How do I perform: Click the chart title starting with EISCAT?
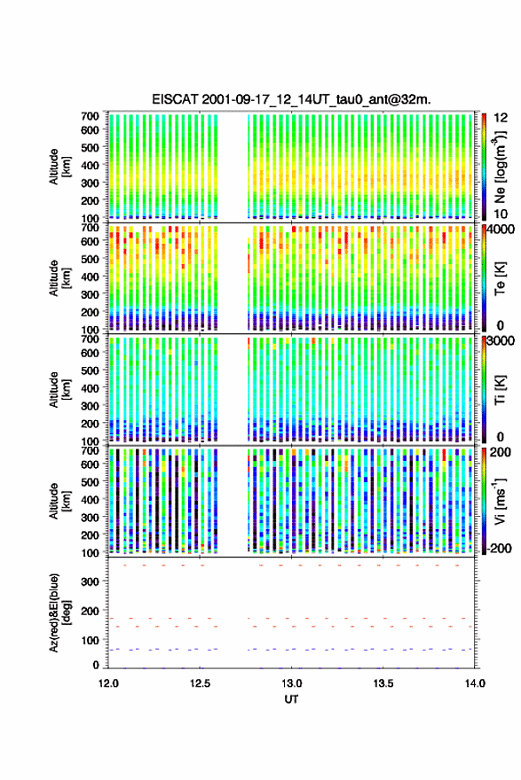pos(291,99)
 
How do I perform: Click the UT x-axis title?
pos(291,699)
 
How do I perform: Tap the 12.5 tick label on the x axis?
pos(200,683)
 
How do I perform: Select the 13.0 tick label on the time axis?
pos(291,683)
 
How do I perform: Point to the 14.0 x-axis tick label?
pos(475,683)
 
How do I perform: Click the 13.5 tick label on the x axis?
pos(383,683)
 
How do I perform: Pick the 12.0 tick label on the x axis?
pos(108,683)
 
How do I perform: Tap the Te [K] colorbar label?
pos(500,278)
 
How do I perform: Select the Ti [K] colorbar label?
pos(500,389)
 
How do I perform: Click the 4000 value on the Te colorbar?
pos(501,230)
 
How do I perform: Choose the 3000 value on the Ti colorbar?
pos(501,340)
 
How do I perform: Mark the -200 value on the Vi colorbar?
pos(498,548)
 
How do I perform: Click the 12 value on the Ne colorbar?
pos(501,118)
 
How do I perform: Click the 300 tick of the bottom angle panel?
pos(91,581)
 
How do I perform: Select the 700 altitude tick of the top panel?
pos(91,116)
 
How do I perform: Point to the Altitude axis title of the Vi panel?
pos(59,501)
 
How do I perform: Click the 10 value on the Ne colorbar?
pos(501,214)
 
